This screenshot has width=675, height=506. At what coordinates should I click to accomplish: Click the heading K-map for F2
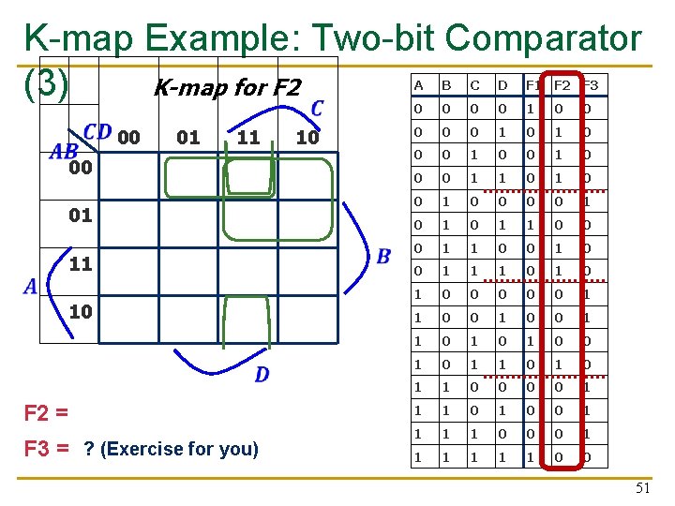(226, 88)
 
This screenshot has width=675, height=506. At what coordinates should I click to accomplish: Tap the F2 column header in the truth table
(562, 85)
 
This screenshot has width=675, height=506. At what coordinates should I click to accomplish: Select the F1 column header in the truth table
(532, 85)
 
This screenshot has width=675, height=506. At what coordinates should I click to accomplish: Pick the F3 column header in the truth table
(591, 85)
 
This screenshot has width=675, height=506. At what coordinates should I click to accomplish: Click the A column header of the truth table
(418, 85)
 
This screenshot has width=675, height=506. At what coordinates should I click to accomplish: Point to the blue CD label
(97, 132)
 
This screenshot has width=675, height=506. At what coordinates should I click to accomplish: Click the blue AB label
(64, 152)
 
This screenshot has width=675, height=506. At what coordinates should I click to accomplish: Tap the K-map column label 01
(188, 138)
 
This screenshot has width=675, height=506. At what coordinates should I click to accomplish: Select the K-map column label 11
(247, 138)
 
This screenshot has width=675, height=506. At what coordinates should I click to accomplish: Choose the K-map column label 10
(307, 138)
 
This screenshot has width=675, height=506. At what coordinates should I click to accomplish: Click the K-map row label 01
(81, 216)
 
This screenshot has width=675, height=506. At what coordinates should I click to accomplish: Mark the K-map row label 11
(81, 263)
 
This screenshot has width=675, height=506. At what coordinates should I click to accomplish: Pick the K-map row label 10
(81, 310)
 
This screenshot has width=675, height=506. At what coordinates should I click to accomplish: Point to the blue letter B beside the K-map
(383, 257)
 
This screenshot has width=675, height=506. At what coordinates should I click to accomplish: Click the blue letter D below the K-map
(262, 375)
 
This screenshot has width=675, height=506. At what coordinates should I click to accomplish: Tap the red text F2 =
(47, 413)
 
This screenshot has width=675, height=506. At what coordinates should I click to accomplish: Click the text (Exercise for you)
(178, 449)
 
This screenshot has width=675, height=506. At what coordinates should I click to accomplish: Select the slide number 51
(642, 486)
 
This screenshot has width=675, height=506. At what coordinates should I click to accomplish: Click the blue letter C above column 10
(317, 109)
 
